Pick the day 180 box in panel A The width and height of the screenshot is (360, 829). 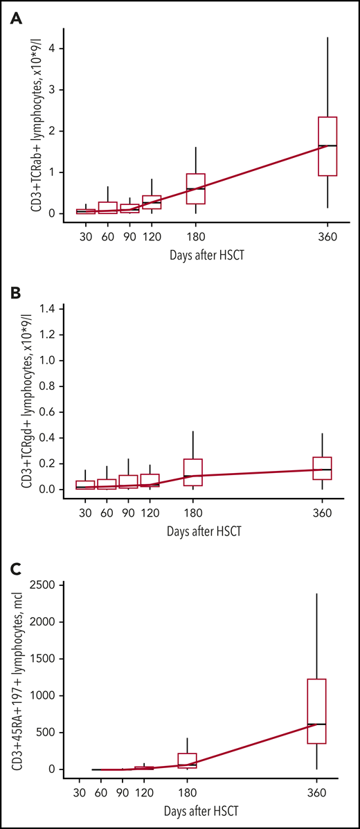(x=196, y=188)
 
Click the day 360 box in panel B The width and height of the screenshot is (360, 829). (x=322, y=468)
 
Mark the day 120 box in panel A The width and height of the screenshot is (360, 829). (x=152, y=202)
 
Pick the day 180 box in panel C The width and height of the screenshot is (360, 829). (x=188, y=760)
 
